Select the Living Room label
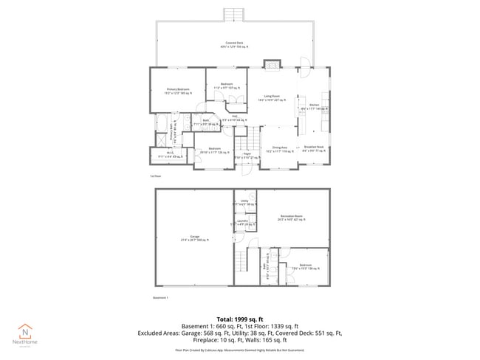[x=272, y=98]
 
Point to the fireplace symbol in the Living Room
[x=273, y=64]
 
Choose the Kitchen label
[x=314, y=107]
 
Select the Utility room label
[x=244, y=202]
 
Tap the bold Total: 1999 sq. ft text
[x=239, y=318]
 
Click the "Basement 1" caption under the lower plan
[x=160, y=297]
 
